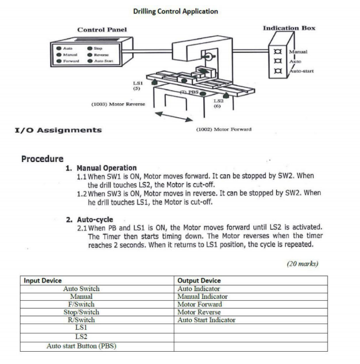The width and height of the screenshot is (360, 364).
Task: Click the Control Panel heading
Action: (x=102, y=30)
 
